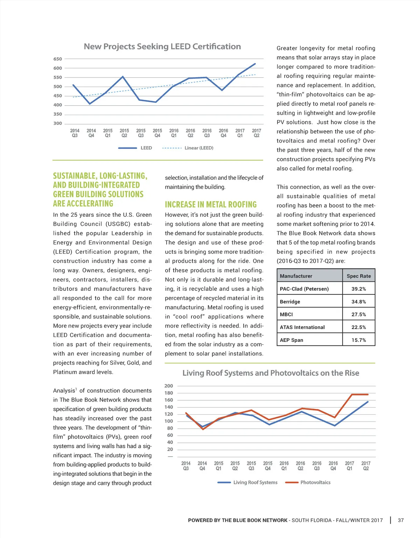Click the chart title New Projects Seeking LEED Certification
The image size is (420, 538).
[x=162, y=46]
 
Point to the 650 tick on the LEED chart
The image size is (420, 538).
[x=58, y=59]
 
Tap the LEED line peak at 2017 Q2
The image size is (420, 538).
[x=255, y=64]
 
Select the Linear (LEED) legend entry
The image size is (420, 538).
[x=198, y=148]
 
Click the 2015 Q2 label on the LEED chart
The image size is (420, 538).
[x=124, y=133]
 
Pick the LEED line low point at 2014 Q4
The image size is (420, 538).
[x=90, y=104]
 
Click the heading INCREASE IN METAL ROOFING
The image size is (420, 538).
[x=211, y=205]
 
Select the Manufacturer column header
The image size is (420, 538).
[x=296, y=276]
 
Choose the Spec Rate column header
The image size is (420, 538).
[x=359, y=276]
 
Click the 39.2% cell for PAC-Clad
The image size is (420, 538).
[x=359, y=289]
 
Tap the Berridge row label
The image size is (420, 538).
[x=290, y=302]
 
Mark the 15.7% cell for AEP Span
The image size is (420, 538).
[x=359, y=340]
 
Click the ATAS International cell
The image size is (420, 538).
[x=302, y=327]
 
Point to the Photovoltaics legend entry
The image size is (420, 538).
[x=315, y=482]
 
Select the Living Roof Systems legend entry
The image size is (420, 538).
[x=255, y=482]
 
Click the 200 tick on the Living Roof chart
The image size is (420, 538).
[x=169, y=386]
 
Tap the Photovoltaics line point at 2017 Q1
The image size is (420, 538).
[x=352, y=395]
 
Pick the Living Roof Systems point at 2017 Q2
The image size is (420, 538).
[x=368, y=402]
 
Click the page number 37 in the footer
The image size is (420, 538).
[x=401, y=520]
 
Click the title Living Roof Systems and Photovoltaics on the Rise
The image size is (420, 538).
[x=271, y=373]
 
